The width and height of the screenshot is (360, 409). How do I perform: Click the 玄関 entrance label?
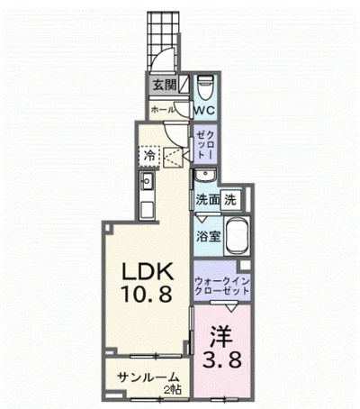[163, 86]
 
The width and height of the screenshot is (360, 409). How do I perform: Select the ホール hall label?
[163, 109]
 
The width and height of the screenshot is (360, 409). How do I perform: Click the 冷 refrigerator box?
[148, 156]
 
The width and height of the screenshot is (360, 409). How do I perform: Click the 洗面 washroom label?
[208, 199]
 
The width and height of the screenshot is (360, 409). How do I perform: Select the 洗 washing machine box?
[230, 199]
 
